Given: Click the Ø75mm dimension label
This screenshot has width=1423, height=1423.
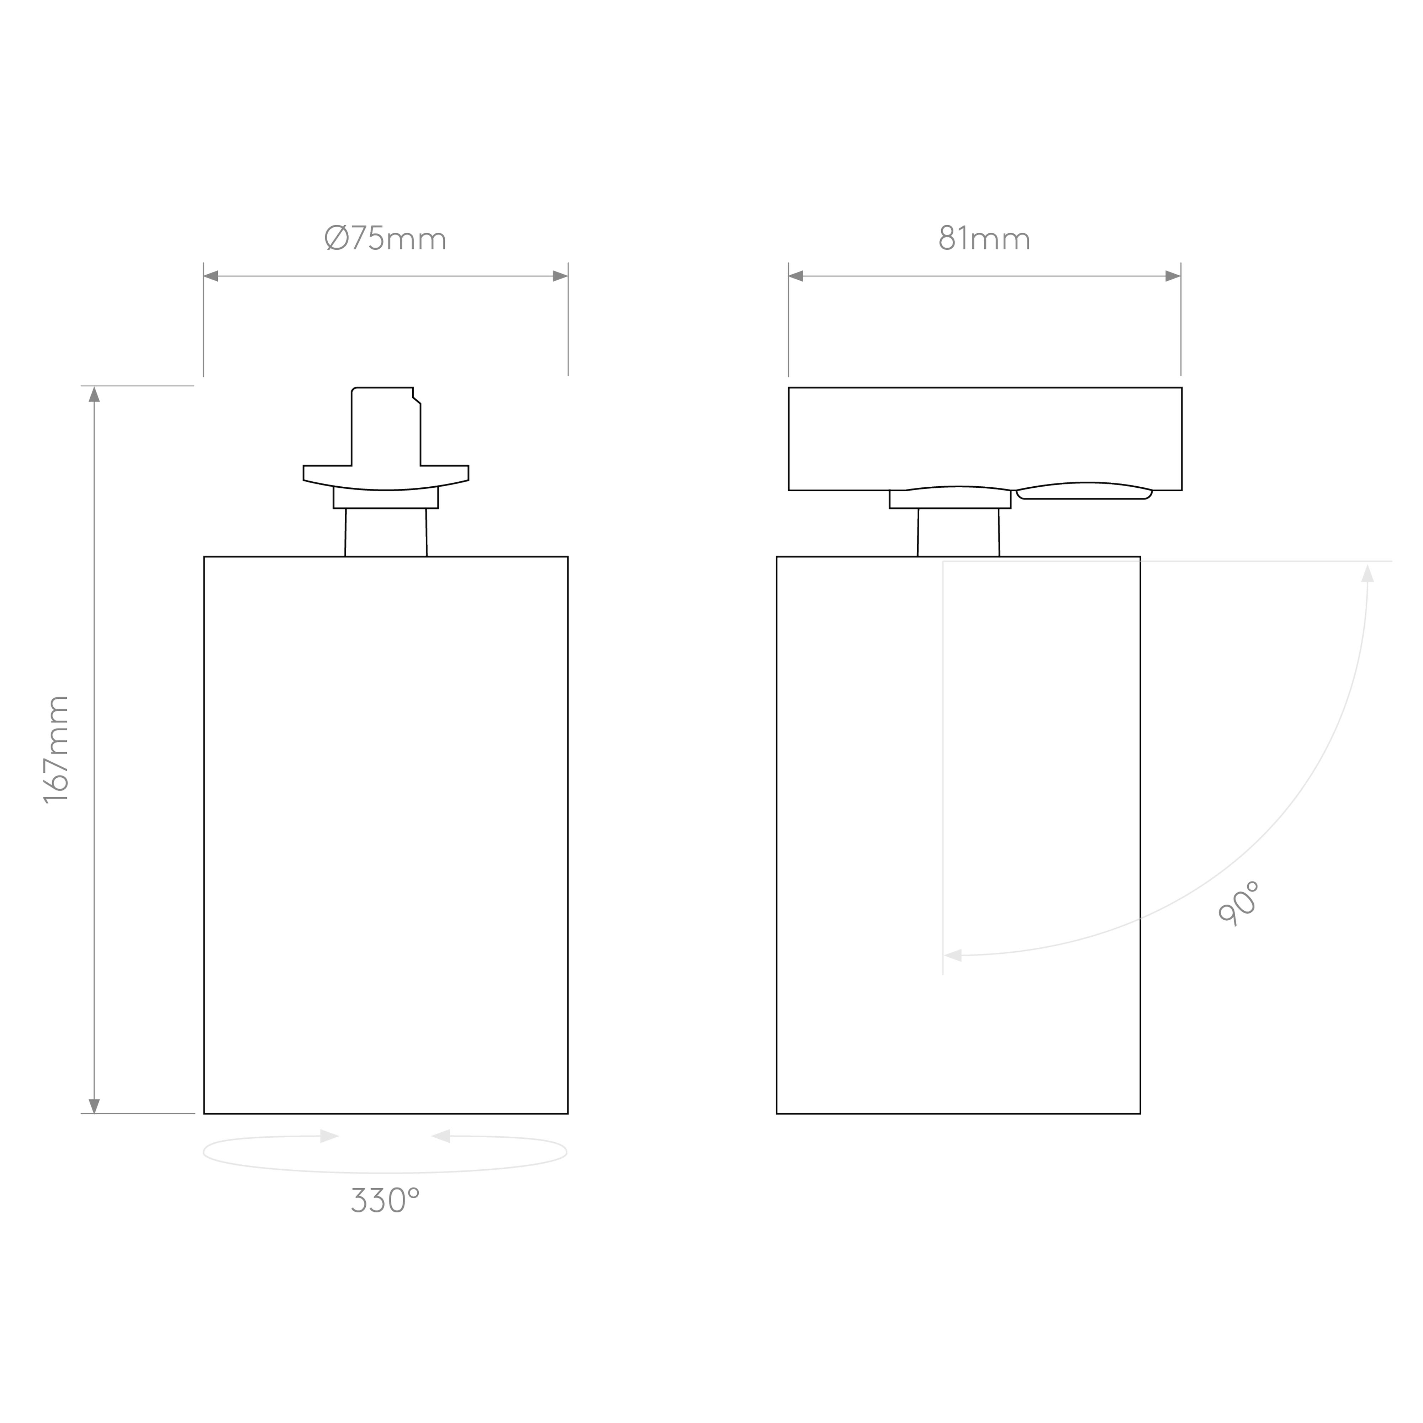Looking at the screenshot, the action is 385,238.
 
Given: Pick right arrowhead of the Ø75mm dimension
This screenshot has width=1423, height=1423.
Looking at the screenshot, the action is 561,276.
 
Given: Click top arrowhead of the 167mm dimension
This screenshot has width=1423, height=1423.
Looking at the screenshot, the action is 94,395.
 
